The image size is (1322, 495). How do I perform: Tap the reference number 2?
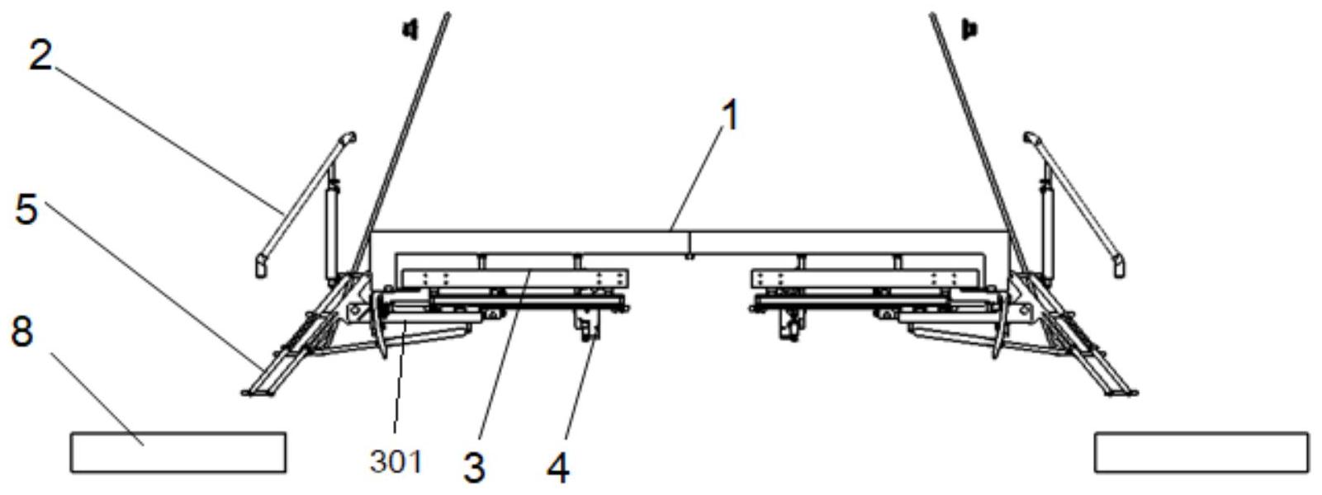coord(40,55)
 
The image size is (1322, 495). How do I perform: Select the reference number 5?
coord(26,209)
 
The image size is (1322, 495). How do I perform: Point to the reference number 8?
coord(21,332)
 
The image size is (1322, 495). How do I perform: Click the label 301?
coord(396,462)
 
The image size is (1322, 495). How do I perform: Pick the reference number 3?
coord(473,467)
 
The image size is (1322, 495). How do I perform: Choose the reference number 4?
coord(558,468)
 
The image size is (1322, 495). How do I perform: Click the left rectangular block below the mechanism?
coord(178,452)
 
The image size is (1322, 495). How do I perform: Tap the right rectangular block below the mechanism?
coord(1201,452)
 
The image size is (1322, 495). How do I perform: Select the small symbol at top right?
coord(969,30)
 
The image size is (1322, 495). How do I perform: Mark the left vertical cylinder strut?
coord(332,223)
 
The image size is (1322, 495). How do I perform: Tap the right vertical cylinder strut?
coord(1047,223)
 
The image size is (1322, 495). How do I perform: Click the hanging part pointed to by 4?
coord(588,328)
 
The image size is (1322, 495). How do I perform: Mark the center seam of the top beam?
coord(689,243)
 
